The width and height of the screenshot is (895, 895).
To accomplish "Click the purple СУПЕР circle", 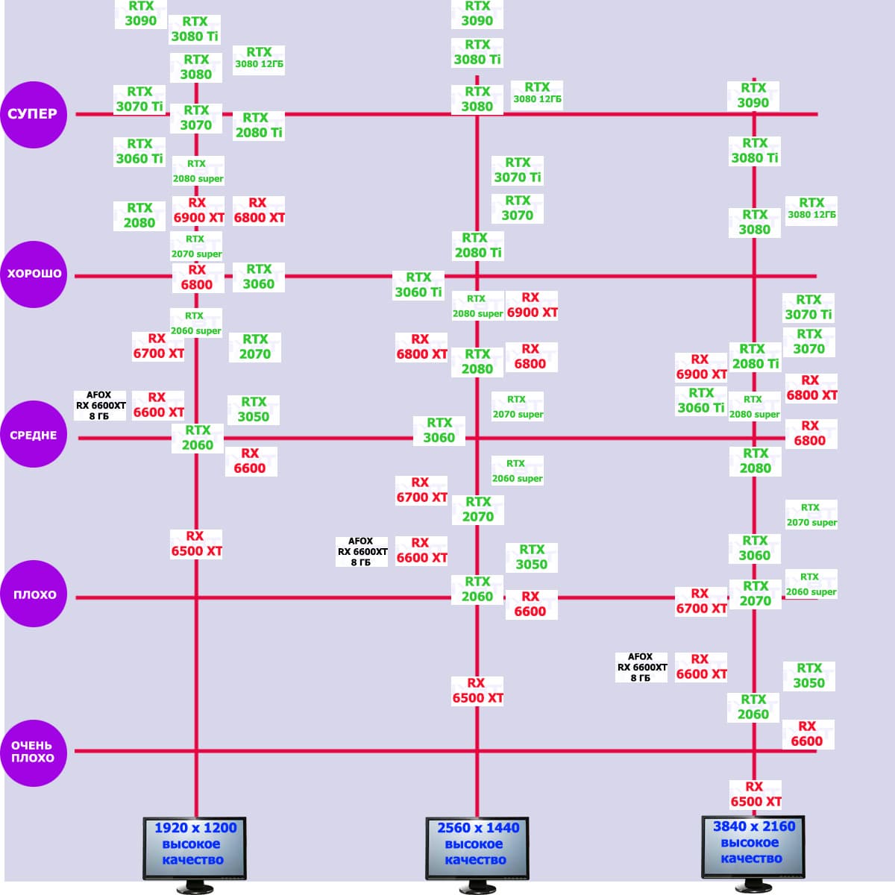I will tap(34, 114).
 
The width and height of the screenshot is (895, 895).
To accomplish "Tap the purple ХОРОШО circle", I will tap(34, 274).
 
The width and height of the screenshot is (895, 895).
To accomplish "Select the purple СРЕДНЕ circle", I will tap(34, 435).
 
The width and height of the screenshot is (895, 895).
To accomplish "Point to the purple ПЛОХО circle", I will tap(34, 594).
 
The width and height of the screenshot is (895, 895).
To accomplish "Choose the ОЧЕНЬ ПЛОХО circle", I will tap(34, 752).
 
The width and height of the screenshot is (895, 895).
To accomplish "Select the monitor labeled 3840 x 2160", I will tap(753, 847).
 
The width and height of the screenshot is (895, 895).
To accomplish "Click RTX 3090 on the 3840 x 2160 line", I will tap(753, 95).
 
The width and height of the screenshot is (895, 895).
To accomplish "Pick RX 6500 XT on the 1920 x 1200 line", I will tap(196, 544).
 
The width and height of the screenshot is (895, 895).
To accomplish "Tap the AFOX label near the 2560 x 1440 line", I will tap(362, 552).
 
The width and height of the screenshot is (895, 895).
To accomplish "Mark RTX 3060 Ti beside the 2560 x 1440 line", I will tap(418, 285).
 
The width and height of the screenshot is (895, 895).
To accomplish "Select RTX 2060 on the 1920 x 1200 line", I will tap(198, 438).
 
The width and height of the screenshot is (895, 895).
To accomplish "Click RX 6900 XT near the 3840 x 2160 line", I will tap(701, 367).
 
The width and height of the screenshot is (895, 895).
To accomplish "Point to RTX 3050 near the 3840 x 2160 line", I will tap(808, 676).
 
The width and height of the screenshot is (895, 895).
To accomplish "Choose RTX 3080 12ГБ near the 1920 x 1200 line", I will tap(259, 57).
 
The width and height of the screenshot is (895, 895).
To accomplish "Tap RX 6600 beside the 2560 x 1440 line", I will tap(530, 604).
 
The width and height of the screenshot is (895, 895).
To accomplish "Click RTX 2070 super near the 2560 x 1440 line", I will tap(518, 407).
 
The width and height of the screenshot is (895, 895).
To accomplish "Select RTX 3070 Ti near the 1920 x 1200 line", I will tap(139, 99).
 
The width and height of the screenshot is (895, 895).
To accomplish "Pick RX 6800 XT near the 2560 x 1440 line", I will tap(421, 347).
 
